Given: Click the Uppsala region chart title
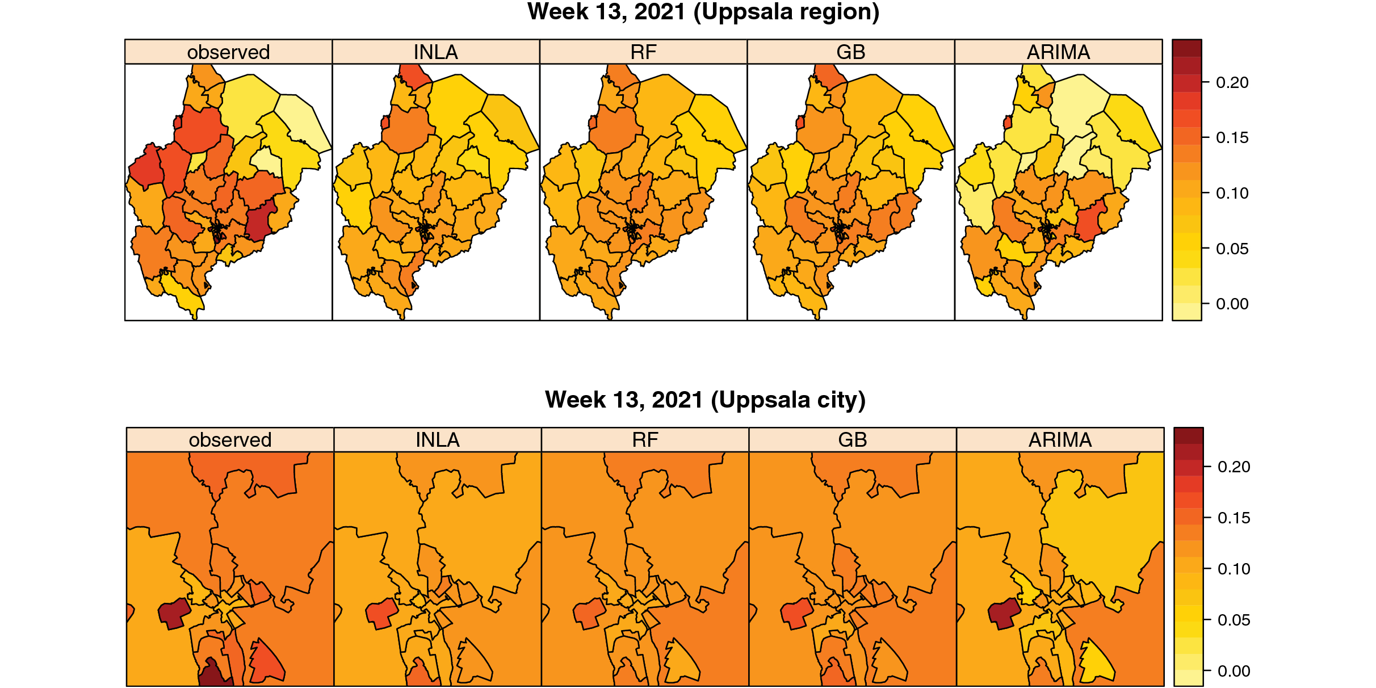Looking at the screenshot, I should pyautogui.click(x=703, y=12).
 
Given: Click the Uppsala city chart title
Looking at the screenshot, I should pyautogui.click(x=704, y=400).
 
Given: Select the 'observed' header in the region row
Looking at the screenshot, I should pyautogui.click(x=228, y=52).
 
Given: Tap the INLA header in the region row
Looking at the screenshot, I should pyautogui.click(x=435, y=52).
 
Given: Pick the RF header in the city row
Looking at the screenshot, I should pyautogui.click(x=645, y=440).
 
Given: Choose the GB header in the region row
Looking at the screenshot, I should pyautogui.click(x=850, y=52).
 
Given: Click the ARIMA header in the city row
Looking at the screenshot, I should pyautogui.click(x=1060, y=440).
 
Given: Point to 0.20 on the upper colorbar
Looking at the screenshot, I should pyautogui.click(x=1232, y=83).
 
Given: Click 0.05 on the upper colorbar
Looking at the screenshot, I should pyautogui.click(x=1232, y=249).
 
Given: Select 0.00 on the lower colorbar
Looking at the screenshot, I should pyautogui.click(x=1234, y=671).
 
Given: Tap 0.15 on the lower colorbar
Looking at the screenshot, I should pyautogui.click(x=1234, y=518).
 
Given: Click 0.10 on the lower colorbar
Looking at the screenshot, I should pyautogui.click(x=1234, y=569).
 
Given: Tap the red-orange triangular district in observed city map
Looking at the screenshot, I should pyautogui.click(x=266, y=661).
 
